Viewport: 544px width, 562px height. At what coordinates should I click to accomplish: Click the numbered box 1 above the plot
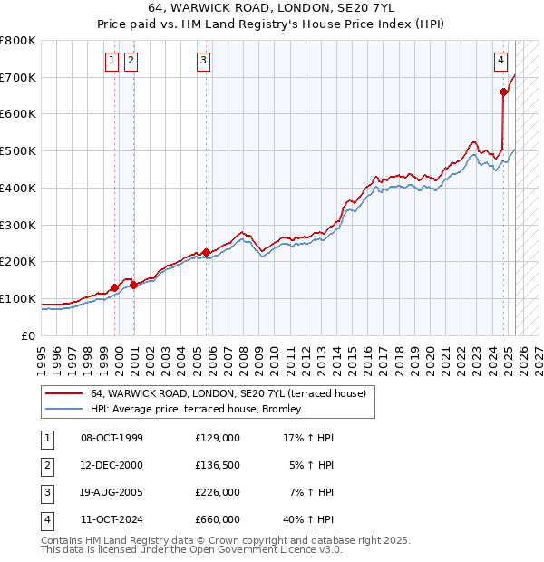[x=112, y=61]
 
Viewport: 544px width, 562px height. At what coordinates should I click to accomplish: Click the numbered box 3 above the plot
[x=203, y=61]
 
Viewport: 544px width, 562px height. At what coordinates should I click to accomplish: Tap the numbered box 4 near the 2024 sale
[x=500, y=61]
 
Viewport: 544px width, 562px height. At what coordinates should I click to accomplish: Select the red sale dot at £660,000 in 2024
[x=503, y=92]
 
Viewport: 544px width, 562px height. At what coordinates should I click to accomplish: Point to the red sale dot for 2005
[x=207, y=252]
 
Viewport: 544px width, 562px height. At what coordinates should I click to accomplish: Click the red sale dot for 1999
[x=115, y=288]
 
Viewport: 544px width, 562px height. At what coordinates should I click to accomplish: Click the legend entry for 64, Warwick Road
[x=228, y=393]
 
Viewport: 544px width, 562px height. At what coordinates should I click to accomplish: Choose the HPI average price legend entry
[x=200, y=410]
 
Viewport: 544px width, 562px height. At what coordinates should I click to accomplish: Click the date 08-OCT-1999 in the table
[x=112, y=438]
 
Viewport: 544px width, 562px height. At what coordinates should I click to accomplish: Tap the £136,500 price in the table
[x=218, y=465]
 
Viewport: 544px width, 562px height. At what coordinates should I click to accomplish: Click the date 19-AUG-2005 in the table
[x=112, y=492]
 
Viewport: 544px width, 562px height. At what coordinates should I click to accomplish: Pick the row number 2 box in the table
[x=46, y=465]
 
